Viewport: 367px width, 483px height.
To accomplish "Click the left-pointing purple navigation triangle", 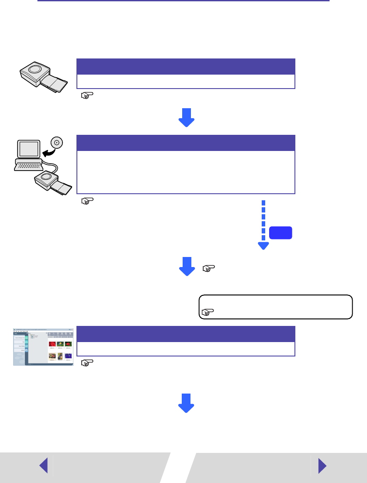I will [x=43, y=466].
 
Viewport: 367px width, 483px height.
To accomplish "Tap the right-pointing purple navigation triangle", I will [x=322, y=466].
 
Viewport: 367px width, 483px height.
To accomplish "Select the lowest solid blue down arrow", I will [x=186, y=403].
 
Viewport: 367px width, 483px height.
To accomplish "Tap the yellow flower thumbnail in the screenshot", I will [x=60, y=344].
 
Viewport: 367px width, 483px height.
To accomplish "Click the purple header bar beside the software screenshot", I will [x=186, y=334].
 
